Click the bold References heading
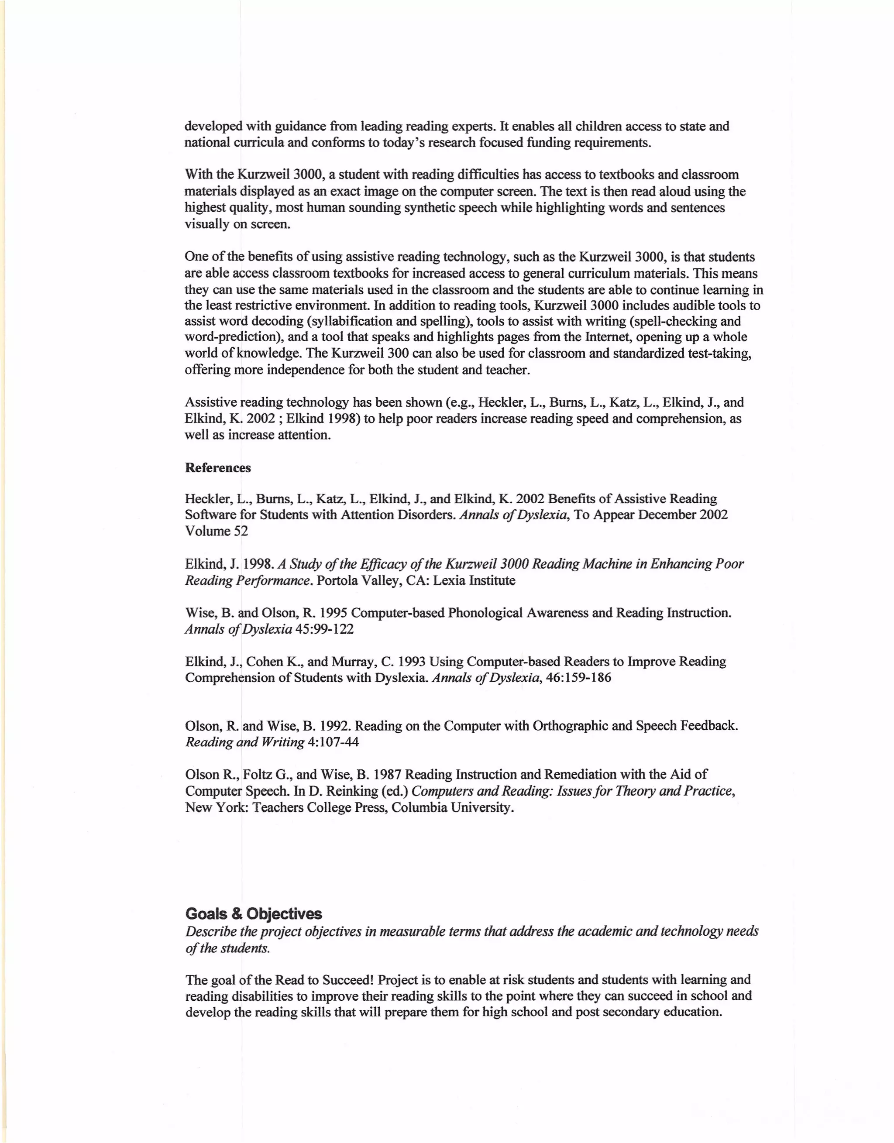coord(218,468)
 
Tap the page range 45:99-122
coord(324,629)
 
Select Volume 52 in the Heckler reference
coord(216,531)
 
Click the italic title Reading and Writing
coord(244,742)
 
